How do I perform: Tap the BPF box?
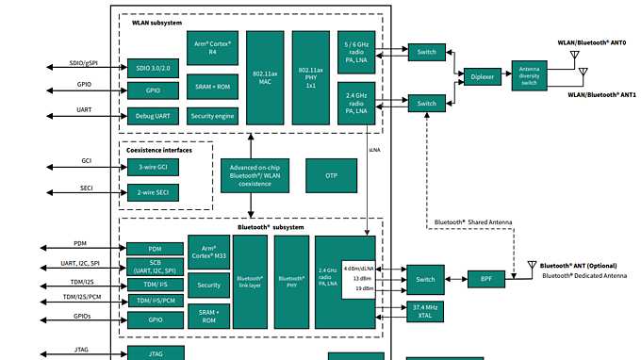(x=486, y=279)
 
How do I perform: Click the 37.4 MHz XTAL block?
(x=425, y=311)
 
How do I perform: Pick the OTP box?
(x=331, y=176)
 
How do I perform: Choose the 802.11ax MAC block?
(x=265, y=77)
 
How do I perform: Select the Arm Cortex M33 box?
(x=208, y=253)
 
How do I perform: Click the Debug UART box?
(x=154, y=117)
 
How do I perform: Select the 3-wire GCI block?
(x=153, y=166)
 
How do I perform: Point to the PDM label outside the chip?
(x=80, y=242)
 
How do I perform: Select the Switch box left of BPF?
(x=425, y=279)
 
